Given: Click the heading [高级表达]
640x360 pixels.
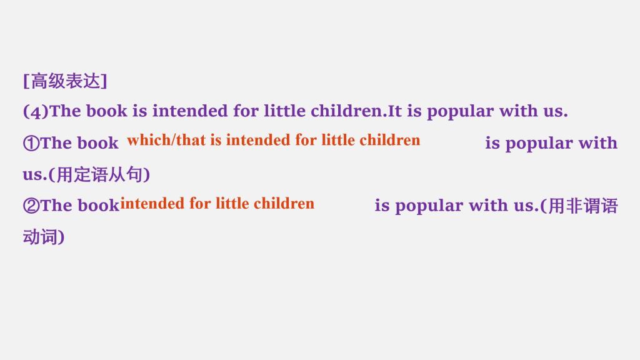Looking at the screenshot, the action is [x=65, y=81].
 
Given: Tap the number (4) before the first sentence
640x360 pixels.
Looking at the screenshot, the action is [x=36, y=111].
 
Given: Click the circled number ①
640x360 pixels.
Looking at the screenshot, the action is [x=31, y=143].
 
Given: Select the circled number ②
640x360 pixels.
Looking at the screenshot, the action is [x=31, y=206].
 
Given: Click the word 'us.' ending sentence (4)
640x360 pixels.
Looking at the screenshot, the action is [x=556, y=112].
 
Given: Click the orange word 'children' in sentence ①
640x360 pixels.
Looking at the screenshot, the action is [x=390, y=140].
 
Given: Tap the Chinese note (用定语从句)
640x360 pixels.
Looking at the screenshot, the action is [x=99, y=175].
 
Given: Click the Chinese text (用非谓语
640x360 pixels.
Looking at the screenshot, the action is [x=579, y=206].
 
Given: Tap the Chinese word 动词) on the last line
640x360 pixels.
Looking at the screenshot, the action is [x=44, y=237].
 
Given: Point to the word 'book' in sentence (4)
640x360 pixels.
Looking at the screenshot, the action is [x=106, y=111].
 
